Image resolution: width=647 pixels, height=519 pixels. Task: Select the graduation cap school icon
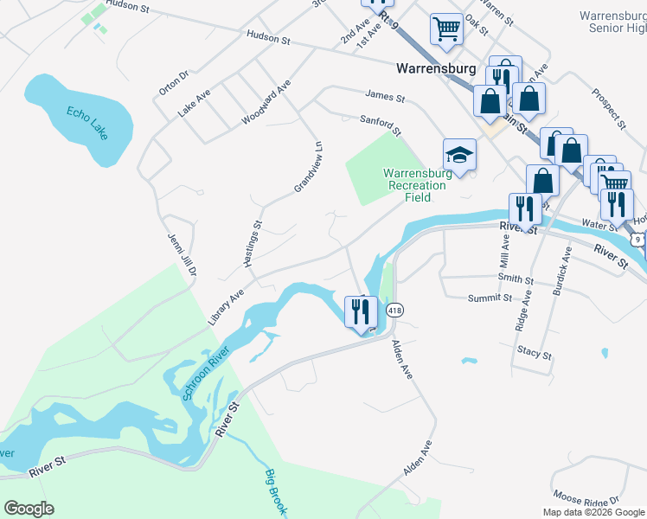coord(459,155)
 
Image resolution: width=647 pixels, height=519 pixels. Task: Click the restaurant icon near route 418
coord(361,311)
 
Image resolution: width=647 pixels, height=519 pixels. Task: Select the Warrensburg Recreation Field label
coord(416,184)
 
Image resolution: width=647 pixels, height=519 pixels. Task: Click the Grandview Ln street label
coord(307,167)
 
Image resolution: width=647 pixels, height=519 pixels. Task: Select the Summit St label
coord(490,298)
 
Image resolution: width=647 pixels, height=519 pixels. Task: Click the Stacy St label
coord(535,353)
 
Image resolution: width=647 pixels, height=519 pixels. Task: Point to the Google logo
coord(29,509)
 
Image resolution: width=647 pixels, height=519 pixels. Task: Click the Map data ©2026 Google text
coord(593,512)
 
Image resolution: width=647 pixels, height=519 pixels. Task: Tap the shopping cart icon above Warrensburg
coord(446,29)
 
